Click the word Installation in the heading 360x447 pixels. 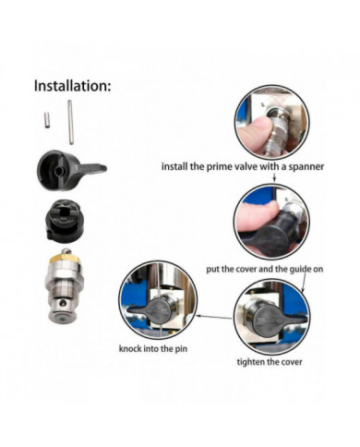72,86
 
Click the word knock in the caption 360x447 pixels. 132,349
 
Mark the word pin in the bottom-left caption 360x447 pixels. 186,349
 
